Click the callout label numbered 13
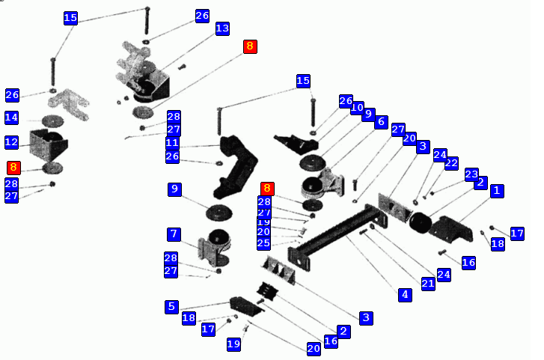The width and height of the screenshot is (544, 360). [222, 28]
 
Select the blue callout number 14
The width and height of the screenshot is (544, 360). [11, 118]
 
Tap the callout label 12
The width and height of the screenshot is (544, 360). [11, 141]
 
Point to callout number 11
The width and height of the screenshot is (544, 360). [173, 142]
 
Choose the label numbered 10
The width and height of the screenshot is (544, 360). [357, 107]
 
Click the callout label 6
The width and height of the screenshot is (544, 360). [381, 122]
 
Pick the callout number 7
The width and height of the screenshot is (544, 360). [174, 234]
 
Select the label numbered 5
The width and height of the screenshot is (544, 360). [172, 305]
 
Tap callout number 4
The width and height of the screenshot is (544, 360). [405, 294]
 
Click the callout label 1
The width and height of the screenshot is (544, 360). [495, 191]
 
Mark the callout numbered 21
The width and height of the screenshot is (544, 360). [428, 284]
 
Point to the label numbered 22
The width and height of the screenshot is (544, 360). [451, 162]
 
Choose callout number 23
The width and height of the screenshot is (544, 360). [471, 174]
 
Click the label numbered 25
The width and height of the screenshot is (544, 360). [263, 243]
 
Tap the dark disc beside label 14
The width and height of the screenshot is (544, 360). [53, 120]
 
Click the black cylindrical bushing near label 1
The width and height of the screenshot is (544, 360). [419, 222]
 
